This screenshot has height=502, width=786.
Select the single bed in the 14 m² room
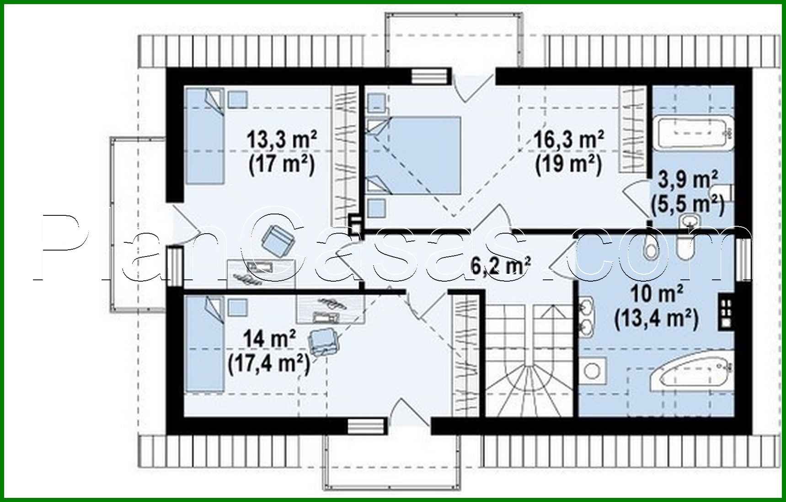204,344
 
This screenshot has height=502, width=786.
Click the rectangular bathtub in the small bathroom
693,133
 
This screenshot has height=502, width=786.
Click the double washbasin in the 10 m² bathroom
587,315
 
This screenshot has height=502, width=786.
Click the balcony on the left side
137,224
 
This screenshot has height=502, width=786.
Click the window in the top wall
428,76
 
